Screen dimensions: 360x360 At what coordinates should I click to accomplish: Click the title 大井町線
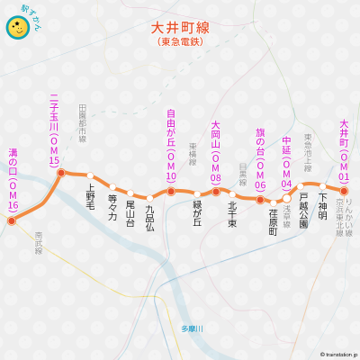[180, 28]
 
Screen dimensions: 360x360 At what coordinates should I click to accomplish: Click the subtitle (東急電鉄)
[180, 41]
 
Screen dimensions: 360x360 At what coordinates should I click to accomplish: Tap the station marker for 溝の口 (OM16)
[12, 220]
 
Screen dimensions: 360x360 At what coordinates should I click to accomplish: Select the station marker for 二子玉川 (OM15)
[61, 172]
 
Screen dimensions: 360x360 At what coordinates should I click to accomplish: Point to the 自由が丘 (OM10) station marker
[171, 192]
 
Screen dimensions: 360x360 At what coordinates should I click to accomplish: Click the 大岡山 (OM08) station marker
[216, 192]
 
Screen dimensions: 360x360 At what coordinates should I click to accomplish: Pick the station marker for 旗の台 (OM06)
[260, 199]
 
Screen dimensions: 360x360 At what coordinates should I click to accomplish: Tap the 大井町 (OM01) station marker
[344, 190]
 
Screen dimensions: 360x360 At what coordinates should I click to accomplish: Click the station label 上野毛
[90, 198]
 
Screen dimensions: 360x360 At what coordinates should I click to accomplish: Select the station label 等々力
[112, 206]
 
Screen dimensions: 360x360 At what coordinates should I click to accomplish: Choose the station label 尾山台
[130, 212]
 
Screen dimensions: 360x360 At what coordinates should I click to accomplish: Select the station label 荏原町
[274, 221]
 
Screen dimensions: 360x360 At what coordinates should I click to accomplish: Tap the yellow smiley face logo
[16, 28]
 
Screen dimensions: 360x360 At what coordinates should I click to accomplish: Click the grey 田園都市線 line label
[82, 121]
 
